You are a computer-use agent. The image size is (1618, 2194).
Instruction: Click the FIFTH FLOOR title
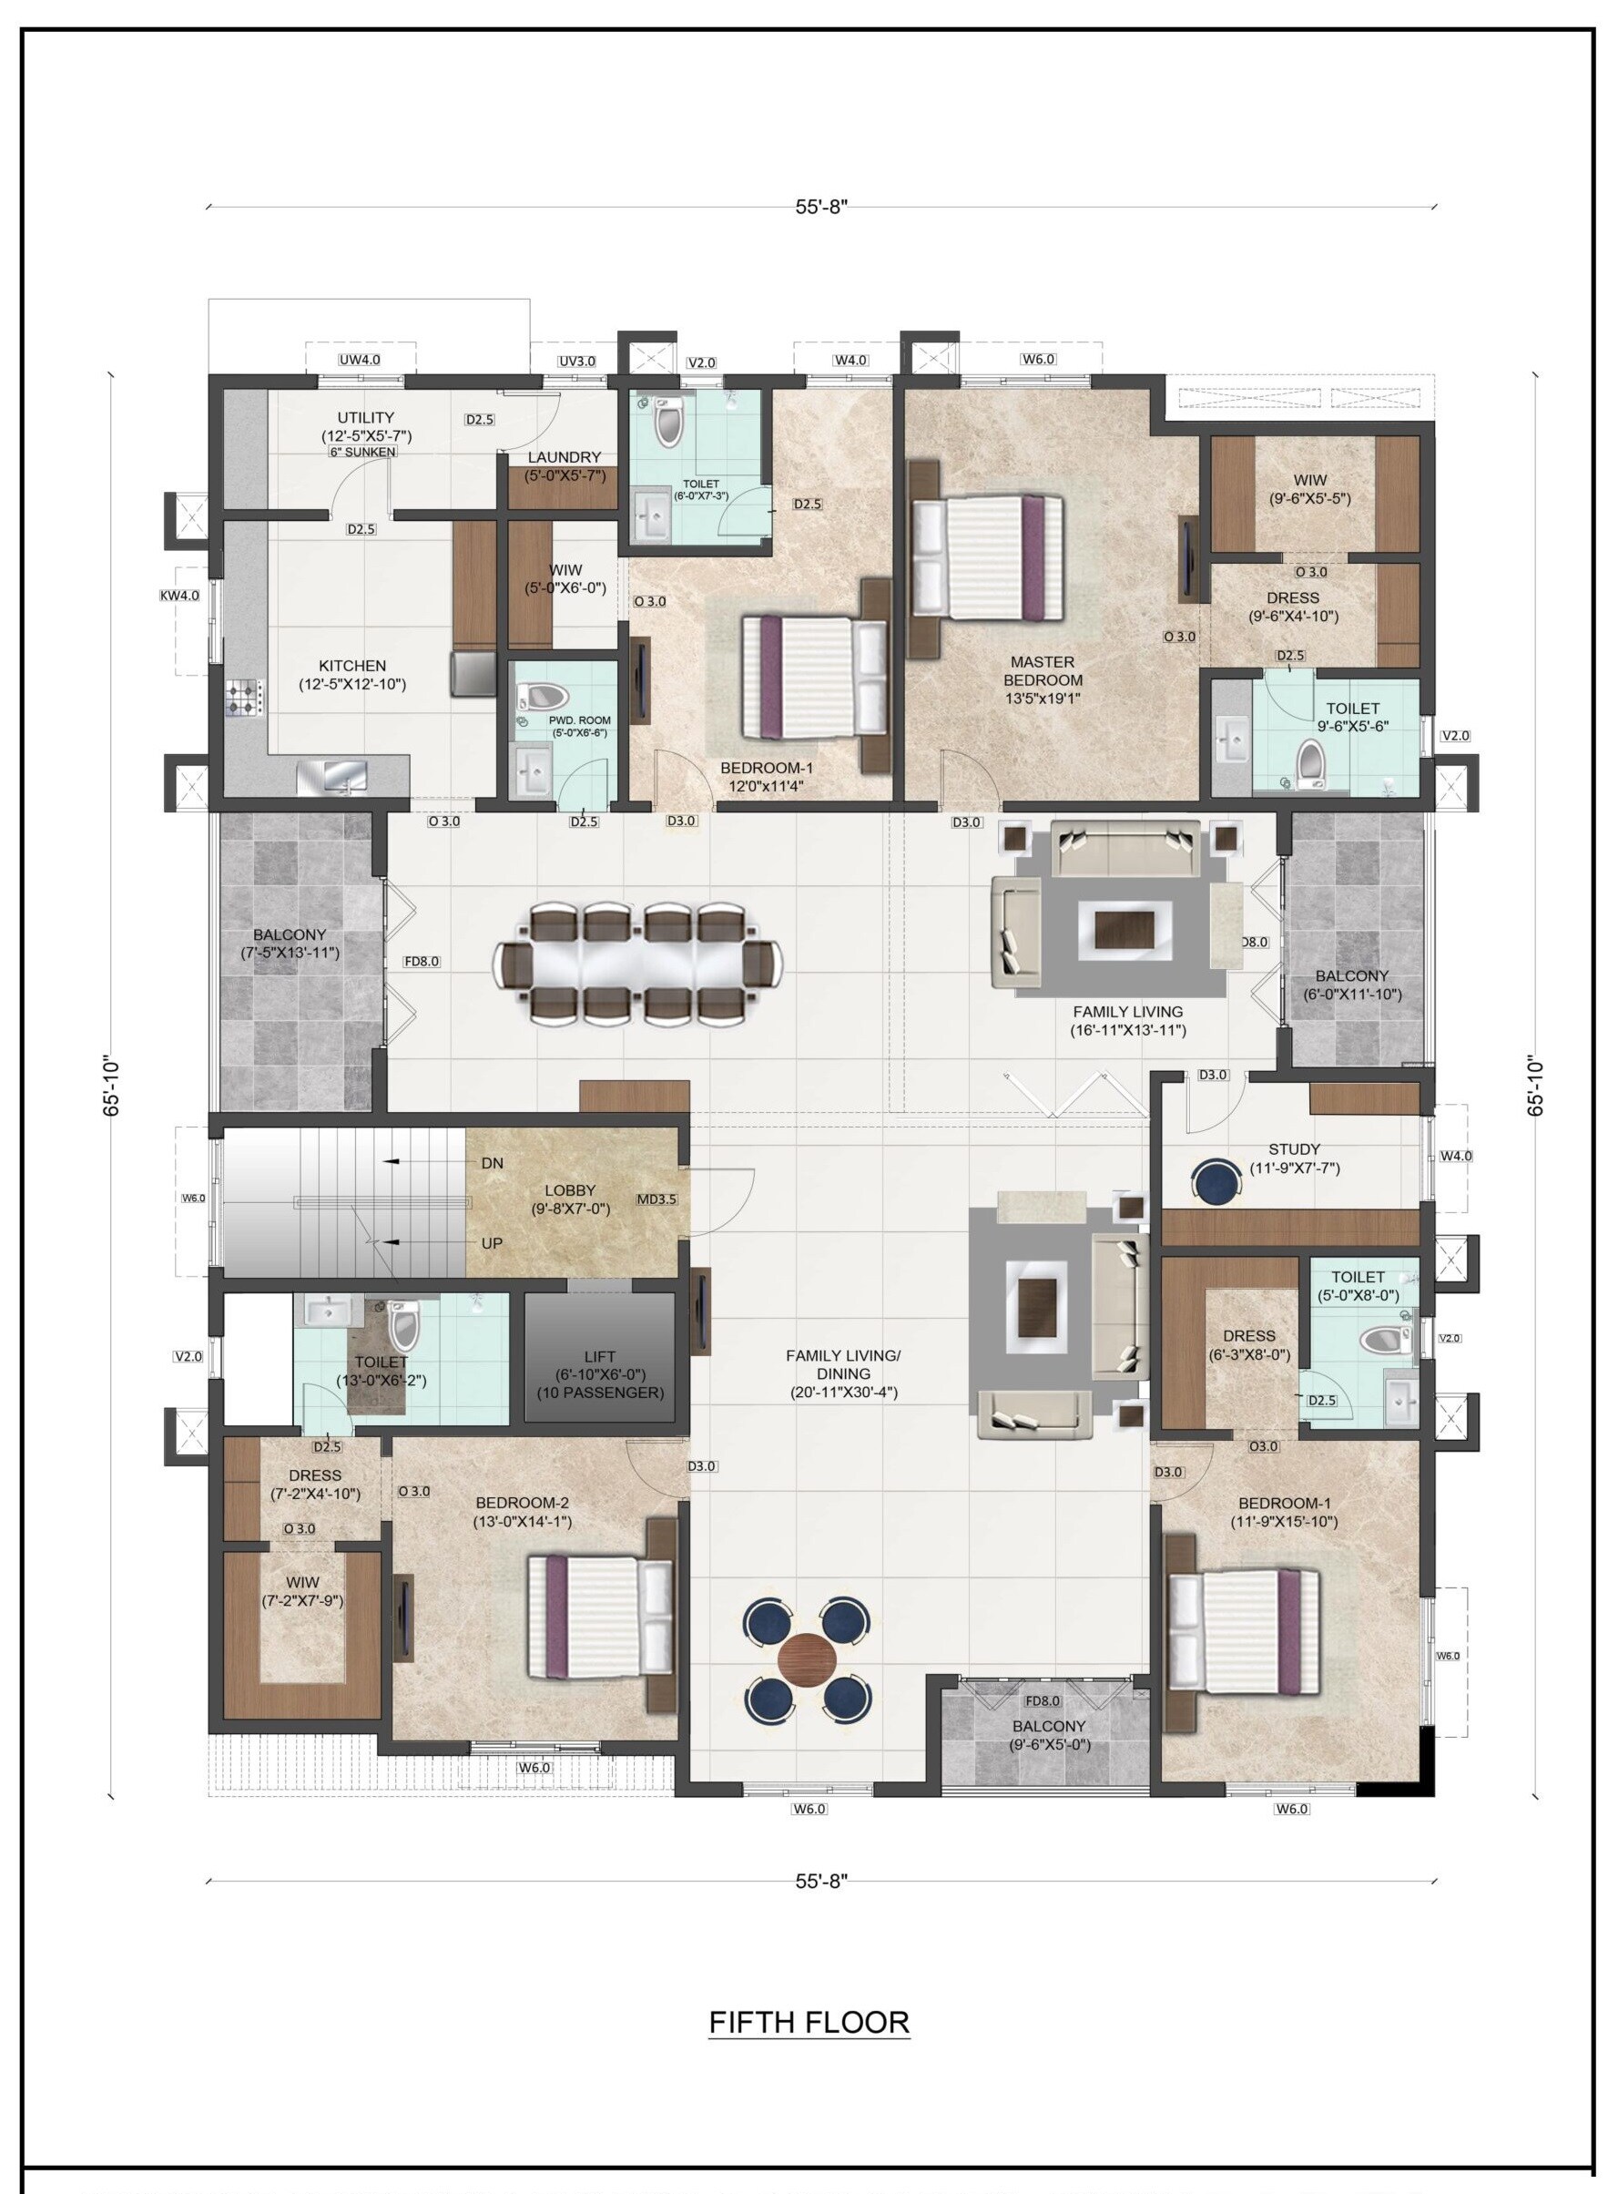[x=809, y=2022]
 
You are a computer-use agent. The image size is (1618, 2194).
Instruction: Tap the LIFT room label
[x=599, y=1356]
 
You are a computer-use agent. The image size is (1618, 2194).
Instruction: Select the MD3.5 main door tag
[x=656, y=1199]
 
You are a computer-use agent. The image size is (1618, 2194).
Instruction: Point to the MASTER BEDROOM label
[x=1043, y=671]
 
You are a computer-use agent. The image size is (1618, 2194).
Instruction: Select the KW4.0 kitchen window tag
[x=179, y=595]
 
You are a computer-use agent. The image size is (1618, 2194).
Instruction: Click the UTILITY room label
[x=366, y=417]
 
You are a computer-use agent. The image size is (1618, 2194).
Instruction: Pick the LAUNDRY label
[x=565, y=457]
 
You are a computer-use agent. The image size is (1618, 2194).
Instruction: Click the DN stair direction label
[x=493, y=1164]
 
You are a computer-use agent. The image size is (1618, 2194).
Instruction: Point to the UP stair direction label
[x=492, y=1243]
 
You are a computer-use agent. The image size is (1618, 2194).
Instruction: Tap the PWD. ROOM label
[x=581, y=719]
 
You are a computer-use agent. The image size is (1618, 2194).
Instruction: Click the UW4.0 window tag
[x=360, y=360]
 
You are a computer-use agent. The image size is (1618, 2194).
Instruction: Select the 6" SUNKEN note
[x=363, y=452]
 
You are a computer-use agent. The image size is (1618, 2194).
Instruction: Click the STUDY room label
[x=1294, y=1148]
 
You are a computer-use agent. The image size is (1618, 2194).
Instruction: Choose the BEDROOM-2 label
[x=522, y=1504]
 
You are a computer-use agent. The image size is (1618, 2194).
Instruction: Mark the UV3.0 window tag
[x=577, y=361]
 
